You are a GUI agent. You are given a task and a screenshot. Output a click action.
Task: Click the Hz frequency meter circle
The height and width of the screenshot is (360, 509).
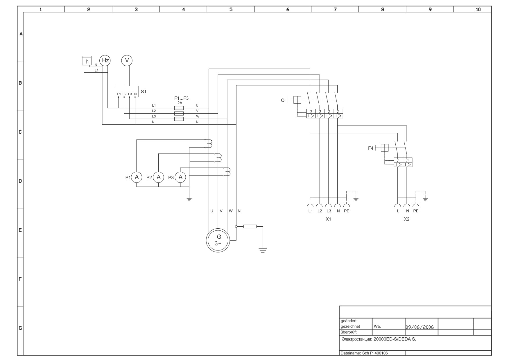[105, 60]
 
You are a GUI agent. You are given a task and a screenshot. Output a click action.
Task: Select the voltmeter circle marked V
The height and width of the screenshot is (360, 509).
[127, 60]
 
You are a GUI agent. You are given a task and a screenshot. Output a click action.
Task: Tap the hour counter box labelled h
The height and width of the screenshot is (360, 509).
[87, 61]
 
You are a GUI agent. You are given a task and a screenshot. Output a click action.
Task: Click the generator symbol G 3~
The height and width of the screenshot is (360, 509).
[218, 240]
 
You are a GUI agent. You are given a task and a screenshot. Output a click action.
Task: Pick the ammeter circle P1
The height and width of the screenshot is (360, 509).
[137, 177]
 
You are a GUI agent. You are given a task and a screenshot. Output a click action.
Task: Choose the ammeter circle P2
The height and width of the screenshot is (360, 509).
[158, 177]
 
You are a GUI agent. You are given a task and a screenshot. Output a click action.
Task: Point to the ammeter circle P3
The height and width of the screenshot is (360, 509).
[180, 177]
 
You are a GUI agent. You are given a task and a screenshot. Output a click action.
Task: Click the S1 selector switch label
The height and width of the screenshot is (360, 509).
[144, 92]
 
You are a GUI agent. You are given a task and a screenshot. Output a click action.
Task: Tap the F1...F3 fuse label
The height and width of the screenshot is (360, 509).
[181, 98]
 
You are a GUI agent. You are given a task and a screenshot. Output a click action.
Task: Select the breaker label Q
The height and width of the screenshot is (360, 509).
[283, 100]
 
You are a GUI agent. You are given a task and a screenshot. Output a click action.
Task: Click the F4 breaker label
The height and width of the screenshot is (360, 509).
[370, 148]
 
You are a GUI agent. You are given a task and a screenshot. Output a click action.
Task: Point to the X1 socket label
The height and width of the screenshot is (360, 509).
[328, 219]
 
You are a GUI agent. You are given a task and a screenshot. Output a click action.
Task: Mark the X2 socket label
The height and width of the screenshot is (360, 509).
[406, 219]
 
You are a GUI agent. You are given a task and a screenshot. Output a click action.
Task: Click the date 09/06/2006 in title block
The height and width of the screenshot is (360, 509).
[420, 327]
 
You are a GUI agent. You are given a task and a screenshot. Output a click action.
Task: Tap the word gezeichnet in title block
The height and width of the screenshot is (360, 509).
[350, 327]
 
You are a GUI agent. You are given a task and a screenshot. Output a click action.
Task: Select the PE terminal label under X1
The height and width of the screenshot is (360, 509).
[347, 211]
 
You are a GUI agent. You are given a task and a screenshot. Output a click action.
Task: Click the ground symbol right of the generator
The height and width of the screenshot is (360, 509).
[263, 250]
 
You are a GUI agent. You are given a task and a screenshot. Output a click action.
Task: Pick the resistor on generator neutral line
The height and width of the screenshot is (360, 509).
[250, 226]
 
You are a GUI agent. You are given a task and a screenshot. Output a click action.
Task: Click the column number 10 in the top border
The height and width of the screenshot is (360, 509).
[478, 10]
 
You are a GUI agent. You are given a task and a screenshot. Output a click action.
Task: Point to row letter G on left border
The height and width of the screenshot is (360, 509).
[20, 328]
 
